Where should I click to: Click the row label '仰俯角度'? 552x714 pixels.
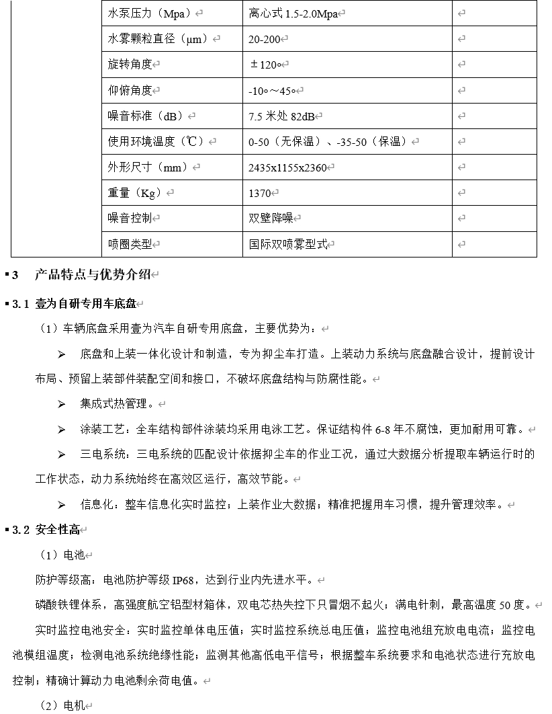tap(130, 90)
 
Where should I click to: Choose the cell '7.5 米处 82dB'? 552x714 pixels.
tap(281, 116)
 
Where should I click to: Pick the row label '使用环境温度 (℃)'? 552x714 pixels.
tap(158, 142)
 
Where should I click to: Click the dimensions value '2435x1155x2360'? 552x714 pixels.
tap(287, 167)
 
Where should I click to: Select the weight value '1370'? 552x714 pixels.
tap(259, 194)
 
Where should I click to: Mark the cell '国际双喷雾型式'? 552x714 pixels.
tap(288, 245)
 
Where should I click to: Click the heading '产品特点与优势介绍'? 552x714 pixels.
tap(92, 274)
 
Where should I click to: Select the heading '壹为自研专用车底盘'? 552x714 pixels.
tap(85, 304)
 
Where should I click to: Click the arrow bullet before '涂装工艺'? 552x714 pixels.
tap(62, 430)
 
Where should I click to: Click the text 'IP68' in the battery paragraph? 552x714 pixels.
tap(184, 580)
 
